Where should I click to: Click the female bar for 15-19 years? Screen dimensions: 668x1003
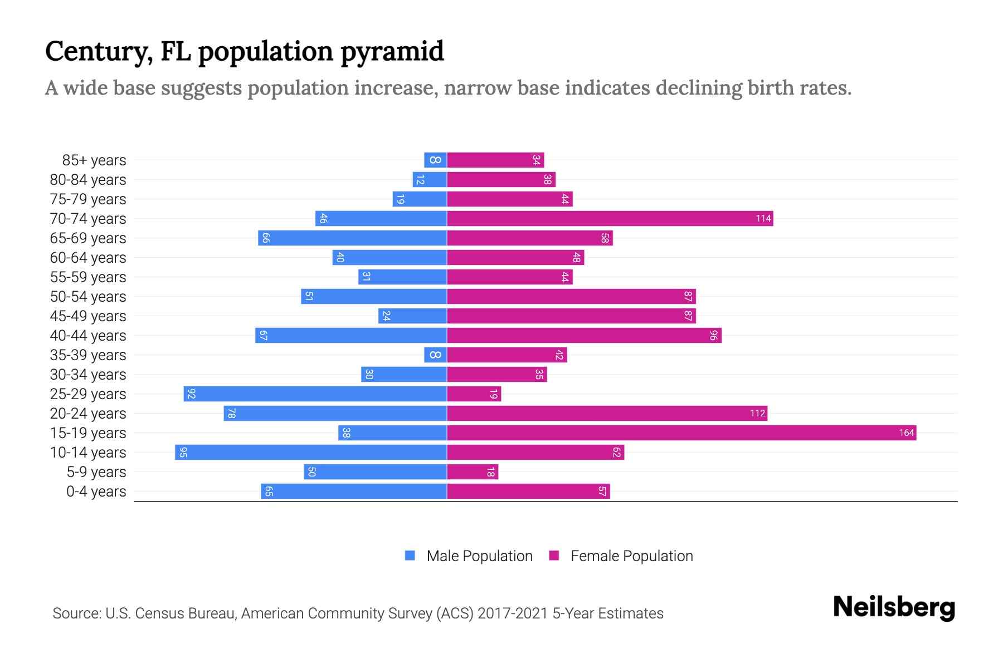point(681,433)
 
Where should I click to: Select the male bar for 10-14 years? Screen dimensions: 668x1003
point(311,452)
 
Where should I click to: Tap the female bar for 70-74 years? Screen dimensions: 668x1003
point(610,218)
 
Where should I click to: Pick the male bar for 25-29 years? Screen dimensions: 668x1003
point(315,394)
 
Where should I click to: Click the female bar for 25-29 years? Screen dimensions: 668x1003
point(474,394)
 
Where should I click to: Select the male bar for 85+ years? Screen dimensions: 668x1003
point(435,160)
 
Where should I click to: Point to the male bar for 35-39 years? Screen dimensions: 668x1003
point(435,355)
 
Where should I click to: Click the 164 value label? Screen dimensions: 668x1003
point(906,433)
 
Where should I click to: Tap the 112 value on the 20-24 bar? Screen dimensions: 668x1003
point(757,413)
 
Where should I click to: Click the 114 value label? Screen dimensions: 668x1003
point(763,218)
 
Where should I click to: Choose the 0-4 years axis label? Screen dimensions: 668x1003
point(96,492)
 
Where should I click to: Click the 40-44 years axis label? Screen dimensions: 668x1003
point(88,336)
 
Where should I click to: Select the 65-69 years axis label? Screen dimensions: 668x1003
point(88,238)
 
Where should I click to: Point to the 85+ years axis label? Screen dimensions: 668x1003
point(94,160)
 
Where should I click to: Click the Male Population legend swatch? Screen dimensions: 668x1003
point(410,556)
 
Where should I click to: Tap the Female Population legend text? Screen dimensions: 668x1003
point(631,556)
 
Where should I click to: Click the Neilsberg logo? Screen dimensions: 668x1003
point(894,607)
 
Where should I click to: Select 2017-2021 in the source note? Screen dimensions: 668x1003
point(513,613)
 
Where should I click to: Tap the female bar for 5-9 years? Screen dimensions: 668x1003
point(472,471)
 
